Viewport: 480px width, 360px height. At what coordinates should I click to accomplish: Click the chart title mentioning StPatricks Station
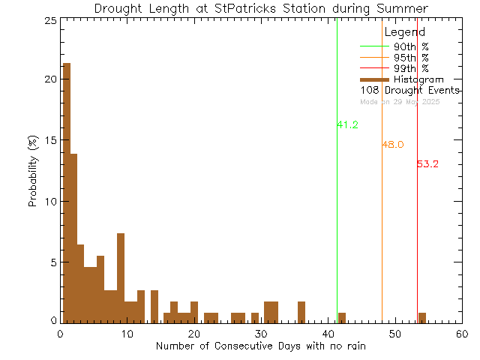tap(261, 8)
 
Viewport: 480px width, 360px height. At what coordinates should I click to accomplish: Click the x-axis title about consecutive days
tap(260, 346)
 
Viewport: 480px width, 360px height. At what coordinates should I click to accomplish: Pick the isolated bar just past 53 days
tap(422, 317)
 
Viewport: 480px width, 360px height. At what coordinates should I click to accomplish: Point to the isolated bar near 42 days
tap(342, 317)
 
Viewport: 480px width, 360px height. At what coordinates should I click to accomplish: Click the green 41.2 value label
tap(347, 125)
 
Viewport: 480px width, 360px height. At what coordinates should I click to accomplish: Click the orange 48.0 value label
tap(393, 145)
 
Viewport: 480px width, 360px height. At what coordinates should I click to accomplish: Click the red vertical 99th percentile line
tap(417, 225)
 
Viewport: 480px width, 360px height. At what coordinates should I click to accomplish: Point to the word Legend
tap(404, 32)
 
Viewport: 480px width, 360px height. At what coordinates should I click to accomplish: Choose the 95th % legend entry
tap(411, 57)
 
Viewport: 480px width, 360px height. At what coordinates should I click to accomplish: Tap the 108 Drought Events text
tap(409, 90)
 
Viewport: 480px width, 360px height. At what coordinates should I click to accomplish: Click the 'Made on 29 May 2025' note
tap(400, 101)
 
